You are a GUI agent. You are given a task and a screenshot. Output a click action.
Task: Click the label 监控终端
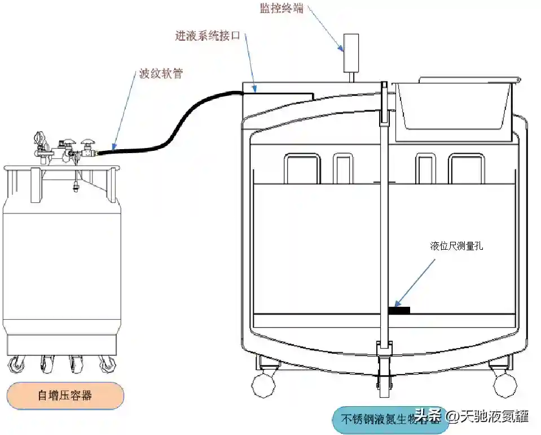click(281, 8)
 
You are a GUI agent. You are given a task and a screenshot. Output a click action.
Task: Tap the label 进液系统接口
click(208, 36)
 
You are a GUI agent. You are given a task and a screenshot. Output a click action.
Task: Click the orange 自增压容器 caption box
click(65, 395)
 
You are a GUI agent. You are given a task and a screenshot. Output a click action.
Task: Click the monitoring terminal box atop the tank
click(351, 51)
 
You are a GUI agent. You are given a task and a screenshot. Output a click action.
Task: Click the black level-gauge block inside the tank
click(399, 310)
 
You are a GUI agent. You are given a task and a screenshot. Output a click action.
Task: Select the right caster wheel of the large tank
click(504, 384)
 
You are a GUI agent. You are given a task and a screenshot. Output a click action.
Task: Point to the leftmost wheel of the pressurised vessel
click(17, 365)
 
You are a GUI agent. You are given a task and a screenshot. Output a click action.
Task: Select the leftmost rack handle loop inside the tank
click(302, 168)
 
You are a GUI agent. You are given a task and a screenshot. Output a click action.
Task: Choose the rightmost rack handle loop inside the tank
click(466, 168)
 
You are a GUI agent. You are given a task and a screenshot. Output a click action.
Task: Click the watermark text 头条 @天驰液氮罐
click(472, 416)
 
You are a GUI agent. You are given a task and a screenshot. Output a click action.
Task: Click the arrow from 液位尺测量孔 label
click(415, 282)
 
